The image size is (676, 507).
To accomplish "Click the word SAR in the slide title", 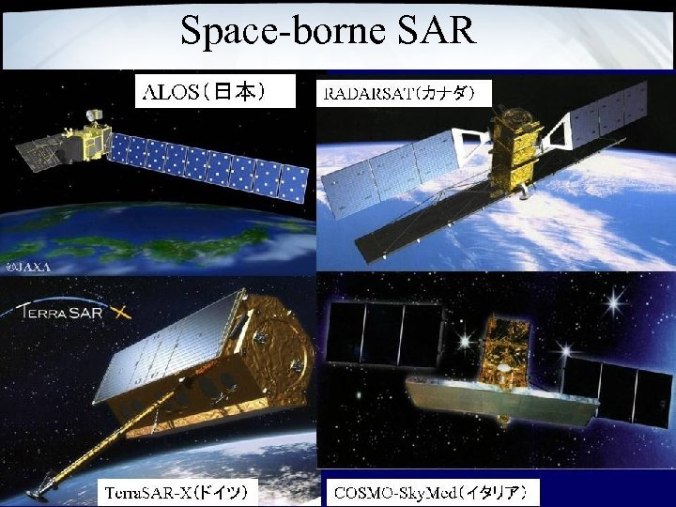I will click(437, 31).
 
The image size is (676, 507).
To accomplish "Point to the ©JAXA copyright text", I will click(29, 266).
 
